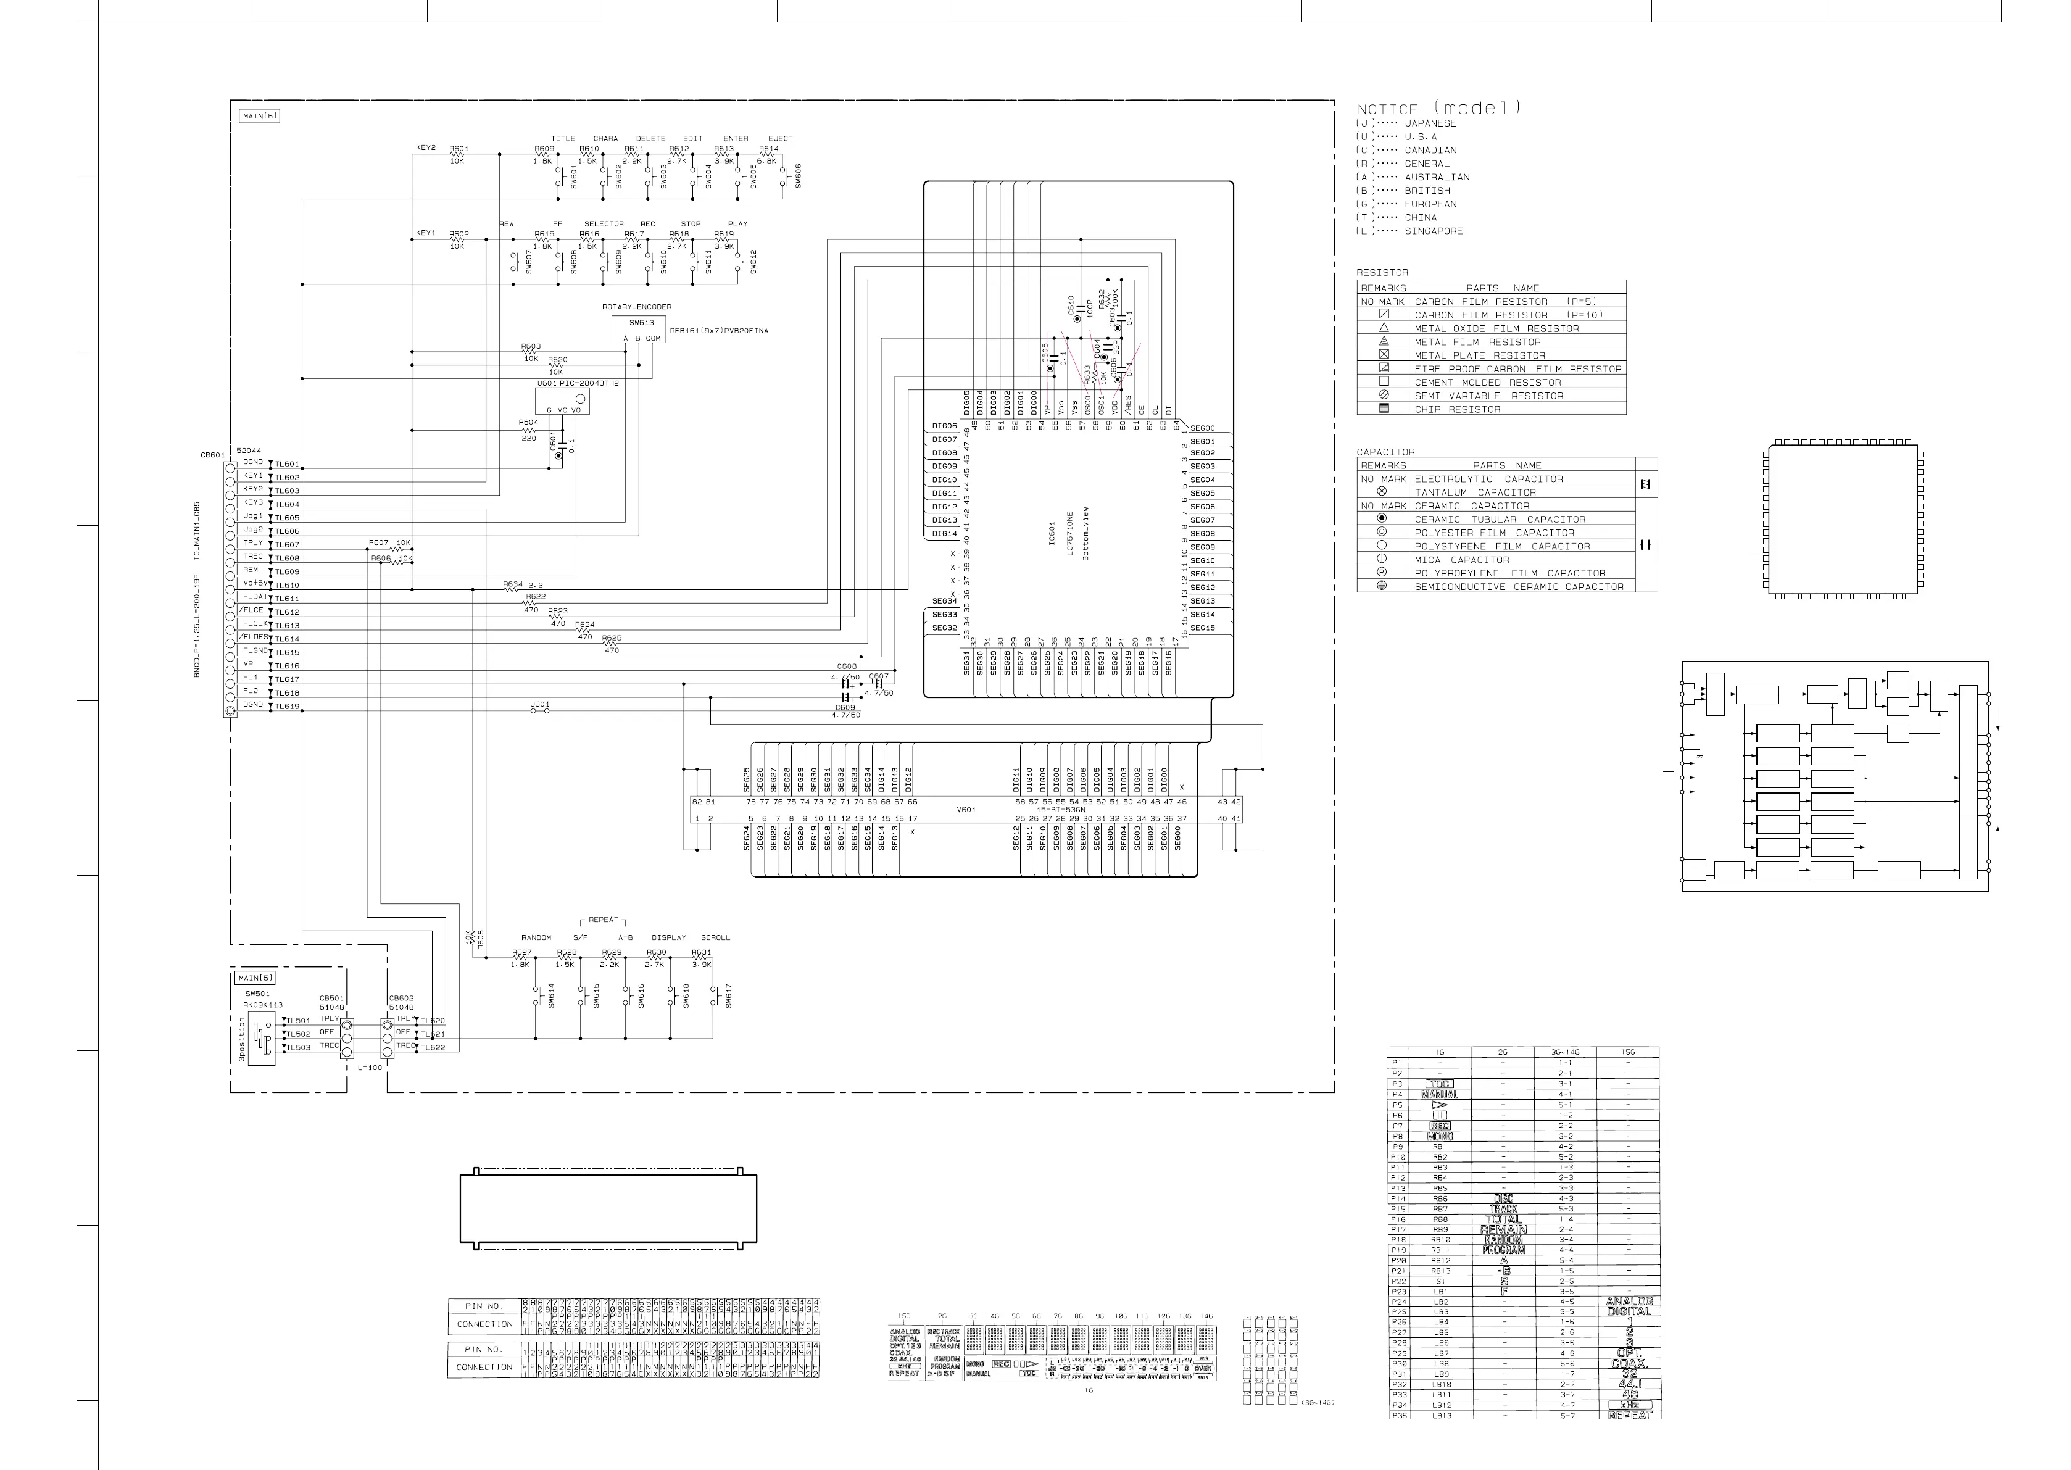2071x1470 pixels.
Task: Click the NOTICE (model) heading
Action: coord(1438,109)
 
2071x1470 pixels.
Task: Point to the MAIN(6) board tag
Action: coord(260,116)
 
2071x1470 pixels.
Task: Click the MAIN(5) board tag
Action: coord(254,978)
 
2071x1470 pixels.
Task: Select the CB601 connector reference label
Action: coord(213,455)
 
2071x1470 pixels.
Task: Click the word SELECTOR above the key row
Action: coord(604,223)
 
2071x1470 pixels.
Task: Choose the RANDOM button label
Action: coord(536,938)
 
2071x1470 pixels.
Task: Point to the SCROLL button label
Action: coord(715,938)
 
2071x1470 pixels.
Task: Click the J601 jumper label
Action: coord(539,704)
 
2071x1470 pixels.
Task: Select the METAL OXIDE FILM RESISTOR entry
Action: coord(1496,328)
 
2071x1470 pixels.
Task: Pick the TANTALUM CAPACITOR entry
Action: coord(1475,492)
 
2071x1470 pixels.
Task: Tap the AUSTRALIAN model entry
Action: coord(1437,177)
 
